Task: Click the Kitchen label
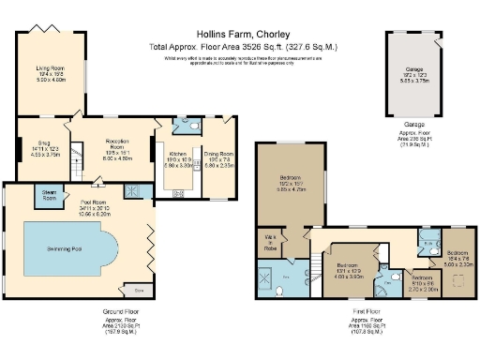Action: pyautogui.click(x=181, y=154)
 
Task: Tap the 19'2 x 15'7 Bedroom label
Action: pyautogui.click(x=294, y=181)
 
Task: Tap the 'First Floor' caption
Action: pyautogui.click(x=362, y=312)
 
